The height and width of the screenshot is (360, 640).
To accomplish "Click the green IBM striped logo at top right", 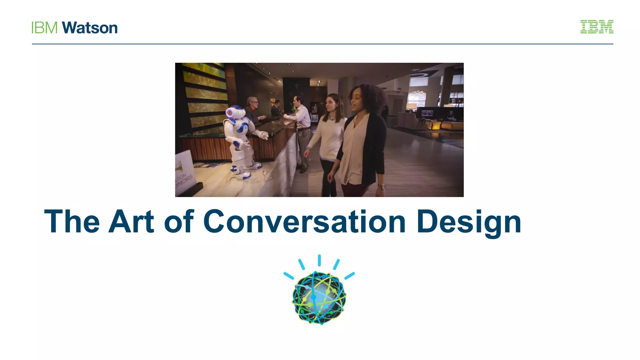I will pyautogui.click(x=597, y=27).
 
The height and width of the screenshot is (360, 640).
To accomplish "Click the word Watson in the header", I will pyautogui.click(x=90, y=28).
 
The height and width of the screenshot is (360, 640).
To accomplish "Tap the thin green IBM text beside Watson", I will pyautogui.click(x=44, y=28).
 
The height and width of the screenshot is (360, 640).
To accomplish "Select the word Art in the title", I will pyautogui.click(x=131, y=222).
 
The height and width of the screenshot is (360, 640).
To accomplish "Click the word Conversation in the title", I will pyautogui.click(x=304, y=222).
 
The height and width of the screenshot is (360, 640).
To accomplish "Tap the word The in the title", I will pyautogui.click(x=72, y=222).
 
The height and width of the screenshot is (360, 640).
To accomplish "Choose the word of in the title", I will pyautogui.click(x=179, y=222).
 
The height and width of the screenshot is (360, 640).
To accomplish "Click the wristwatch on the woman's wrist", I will pyautogui.click(x=381, y=187).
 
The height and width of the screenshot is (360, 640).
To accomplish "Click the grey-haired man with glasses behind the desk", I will pyautogui.click(x=252, y=104).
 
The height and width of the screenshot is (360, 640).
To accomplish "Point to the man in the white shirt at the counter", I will pyautogui.click(x=300, y=116).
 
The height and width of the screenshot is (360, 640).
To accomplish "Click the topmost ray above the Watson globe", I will pyautogui.click(x=319, y=260).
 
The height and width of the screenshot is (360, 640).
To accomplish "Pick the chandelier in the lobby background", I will pyautogui.click(x=416, y=94).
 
